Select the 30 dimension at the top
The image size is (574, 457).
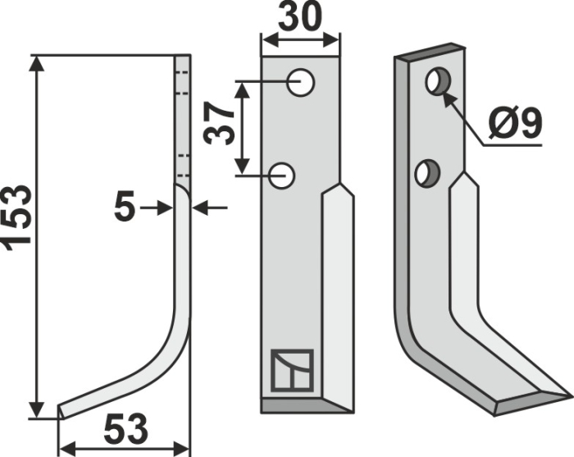[299, 18]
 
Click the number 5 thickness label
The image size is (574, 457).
[125, 208]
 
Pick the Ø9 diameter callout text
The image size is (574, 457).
[515, 124]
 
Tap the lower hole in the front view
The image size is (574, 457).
[284, 174]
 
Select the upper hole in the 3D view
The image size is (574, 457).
[436, 81]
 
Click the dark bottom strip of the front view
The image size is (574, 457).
[307, 404]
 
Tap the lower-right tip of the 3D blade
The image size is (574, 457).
[566, 395]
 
